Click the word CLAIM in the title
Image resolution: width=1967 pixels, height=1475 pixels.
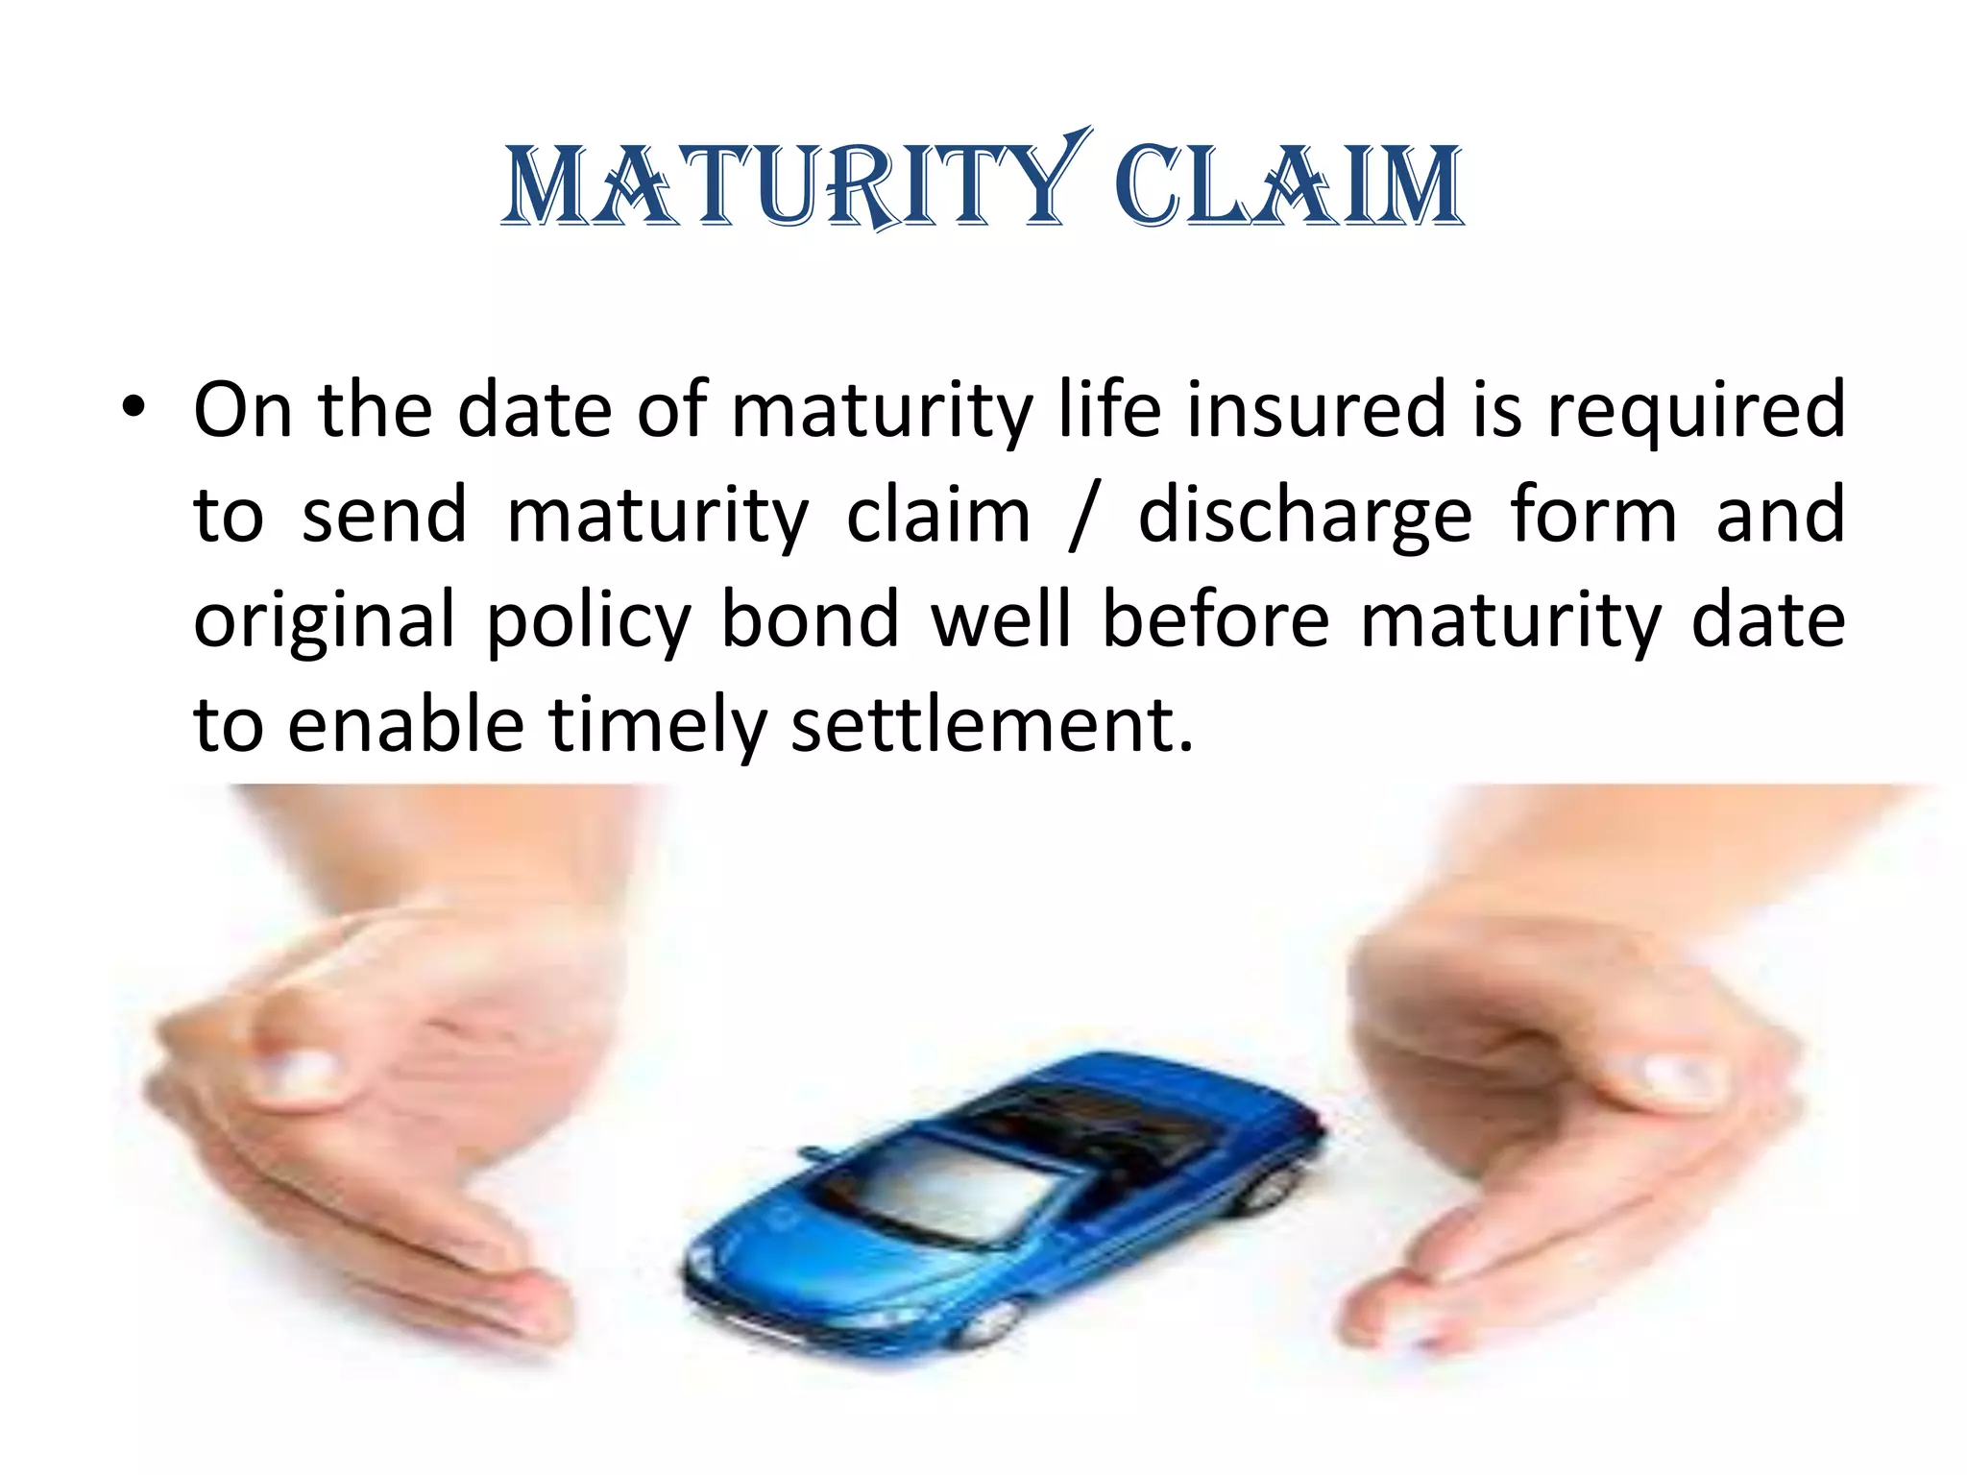(x=1287, y=186)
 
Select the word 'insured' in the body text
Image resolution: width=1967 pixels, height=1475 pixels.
(x=1316, y=410)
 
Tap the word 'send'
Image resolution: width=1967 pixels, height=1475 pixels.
(x=384, y=517)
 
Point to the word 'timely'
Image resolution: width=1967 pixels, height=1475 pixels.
(x=657, y=728)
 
